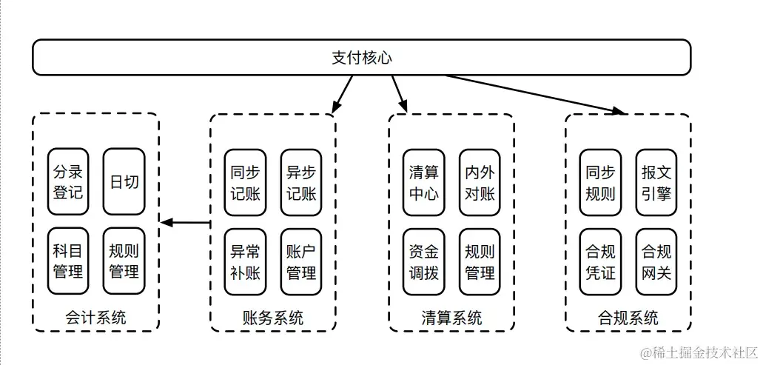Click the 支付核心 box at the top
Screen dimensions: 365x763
click(361, 58)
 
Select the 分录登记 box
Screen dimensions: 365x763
click(68, 182)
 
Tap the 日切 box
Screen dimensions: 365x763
click(124, 182)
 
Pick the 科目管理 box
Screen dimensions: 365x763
click(68, 261)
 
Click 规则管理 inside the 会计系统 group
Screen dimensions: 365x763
click(124, 261)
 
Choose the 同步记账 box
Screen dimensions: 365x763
click(246, 182)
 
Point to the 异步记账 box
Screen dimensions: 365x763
click(301, 182)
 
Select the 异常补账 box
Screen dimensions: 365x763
click(246, 261)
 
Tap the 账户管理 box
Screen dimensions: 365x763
click(301, 261)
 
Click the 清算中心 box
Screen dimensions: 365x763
click(424, 182)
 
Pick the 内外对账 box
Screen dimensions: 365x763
click(480, 182)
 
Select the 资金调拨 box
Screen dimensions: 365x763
click(424, 261)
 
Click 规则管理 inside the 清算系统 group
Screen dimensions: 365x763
click(480, 261)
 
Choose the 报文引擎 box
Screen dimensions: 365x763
click(656, 182)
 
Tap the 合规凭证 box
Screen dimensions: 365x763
click(600, 261)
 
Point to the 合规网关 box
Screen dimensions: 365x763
click(656, 261)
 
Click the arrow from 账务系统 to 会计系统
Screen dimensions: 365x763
click(185, 222)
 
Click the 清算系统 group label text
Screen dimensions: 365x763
click(451, 318)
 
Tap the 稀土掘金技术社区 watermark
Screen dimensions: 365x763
click(699, 352)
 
